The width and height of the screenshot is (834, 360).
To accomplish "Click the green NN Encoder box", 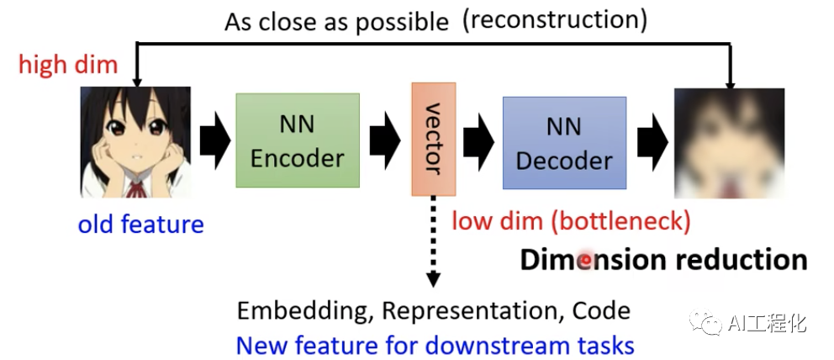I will pos(298,140).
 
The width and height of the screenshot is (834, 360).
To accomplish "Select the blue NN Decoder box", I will pos(564,142).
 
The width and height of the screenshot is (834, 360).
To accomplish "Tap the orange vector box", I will pos(434,138).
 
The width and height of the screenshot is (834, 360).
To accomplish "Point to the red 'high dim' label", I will pos(68,65).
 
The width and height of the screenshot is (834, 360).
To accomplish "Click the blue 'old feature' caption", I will pos(140,225).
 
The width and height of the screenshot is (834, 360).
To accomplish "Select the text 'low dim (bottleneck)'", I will pos(571,221).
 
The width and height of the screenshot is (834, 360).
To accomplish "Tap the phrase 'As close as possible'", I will pos(336,22).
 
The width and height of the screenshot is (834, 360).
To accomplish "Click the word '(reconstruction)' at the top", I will pos(555,20).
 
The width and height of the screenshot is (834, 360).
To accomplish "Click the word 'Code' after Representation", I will pos(601,310).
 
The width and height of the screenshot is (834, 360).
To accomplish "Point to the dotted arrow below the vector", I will pos(433,244).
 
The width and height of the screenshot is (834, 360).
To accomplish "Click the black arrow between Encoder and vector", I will pos(385,140).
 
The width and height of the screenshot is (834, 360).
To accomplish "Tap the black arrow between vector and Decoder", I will pos(478,140).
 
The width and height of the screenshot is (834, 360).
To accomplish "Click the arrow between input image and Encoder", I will pos(214,140).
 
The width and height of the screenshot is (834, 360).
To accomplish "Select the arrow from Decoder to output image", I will pos(651,140).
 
